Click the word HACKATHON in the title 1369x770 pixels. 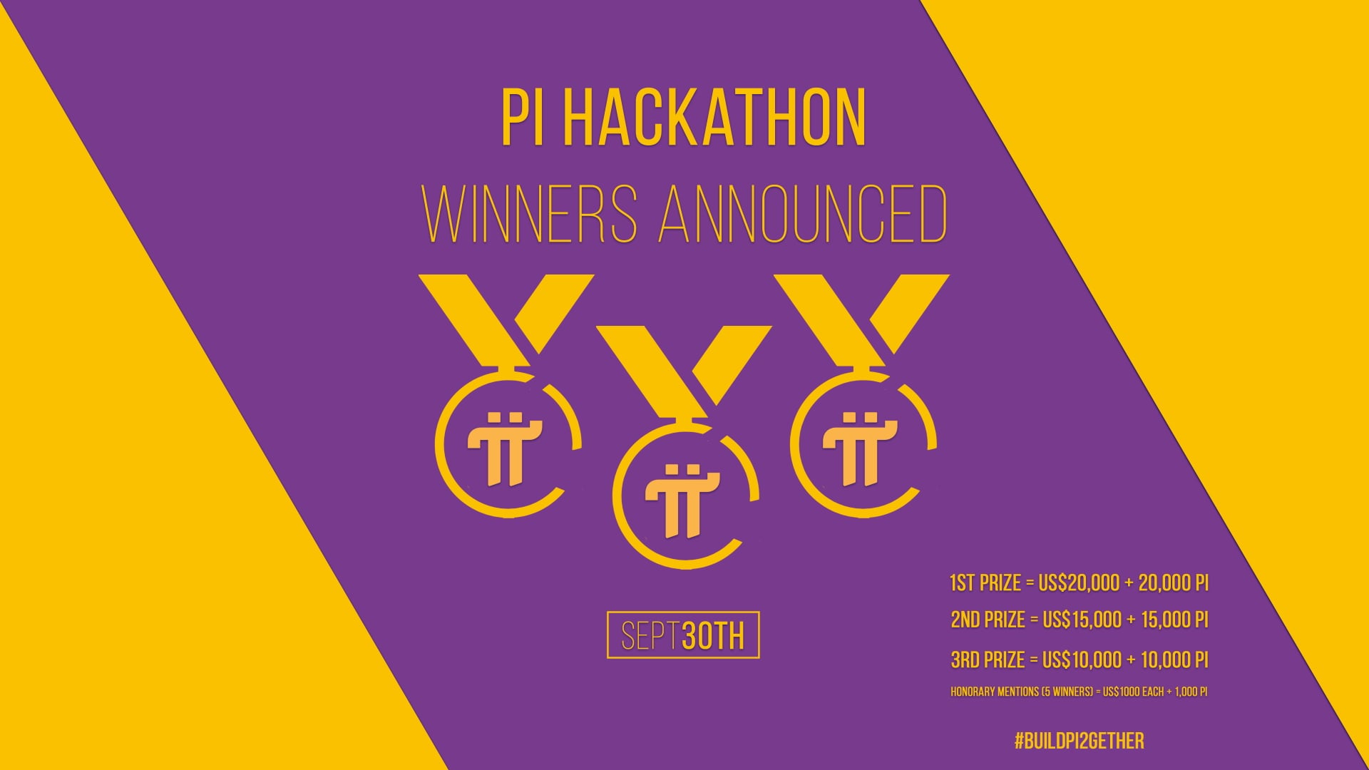coord(715,118)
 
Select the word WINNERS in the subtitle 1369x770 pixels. coord(530,215)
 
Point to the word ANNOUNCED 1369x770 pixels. coord(803,215)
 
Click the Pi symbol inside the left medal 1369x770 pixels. coord(505,448)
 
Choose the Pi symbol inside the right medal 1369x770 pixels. coord(860,448)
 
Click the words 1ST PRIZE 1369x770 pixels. coord(985,583)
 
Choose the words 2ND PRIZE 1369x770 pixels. coord(988,620)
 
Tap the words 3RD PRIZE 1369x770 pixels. coord(988,659)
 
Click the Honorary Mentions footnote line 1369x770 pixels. coord(1079,692)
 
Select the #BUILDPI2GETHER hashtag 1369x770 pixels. coord(1079,741)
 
